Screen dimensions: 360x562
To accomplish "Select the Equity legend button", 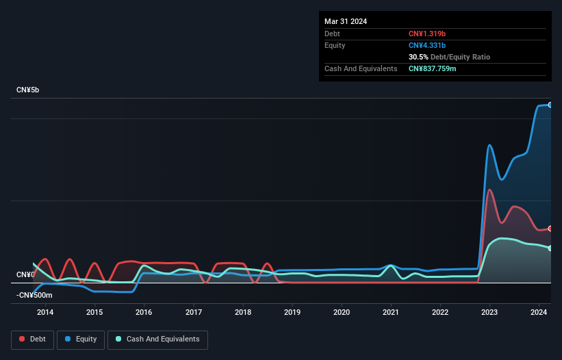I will pyautogui.click(x=81, y=339).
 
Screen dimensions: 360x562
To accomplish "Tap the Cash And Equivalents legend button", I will pyautogui.click(x=157, y=339).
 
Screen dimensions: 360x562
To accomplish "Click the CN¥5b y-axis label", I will pyautogui.click(x=28, y=90).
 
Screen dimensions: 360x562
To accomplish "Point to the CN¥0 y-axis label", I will pyautogui.click(x=25, y=274).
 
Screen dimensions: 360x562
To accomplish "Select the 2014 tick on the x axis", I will pyautogui.click(x=45, y=312).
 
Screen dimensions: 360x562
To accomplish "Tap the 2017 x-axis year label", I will pyautogui.click(x=194, y=312).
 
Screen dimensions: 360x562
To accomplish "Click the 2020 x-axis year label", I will pyautogui.click(x=342, y=312).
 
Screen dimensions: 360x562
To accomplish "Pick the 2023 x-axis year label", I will pyautogui.click(x=489, y=312).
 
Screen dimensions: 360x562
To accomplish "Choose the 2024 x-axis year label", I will pyautogui.click(x=539, y=312).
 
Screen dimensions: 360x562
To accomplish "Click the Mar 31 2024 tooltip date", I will pyautogui.click(x=346, y=21).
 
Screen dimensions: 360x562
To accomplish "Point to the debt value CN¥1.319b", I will pyautogui.click(x=427, y=34).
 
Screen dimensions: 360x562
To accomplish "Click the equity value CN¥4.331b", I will pyautogui.click(x=427, y=45).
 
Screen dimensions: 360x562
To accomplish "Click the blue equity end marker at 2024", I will pyautogui.click(x=550, y=105).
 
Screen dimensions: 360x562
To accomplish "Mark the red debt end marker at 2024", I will pyautogui.click(x=550, y=229).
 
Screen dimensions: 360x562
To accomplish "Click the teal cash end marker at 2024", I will pyautogui.click(x=550, y=248).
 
